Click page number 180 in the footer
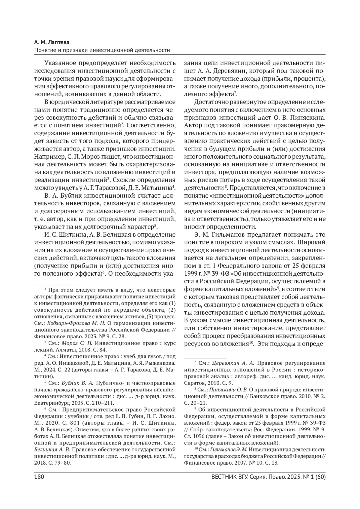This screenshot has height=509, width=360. coord(40,477)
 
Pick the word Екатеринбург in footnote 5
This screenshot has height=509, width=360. coord(49,403)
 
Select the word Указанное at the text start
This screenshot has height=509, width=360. coord(60,63)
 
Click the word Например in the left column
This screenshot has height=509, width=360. coord(48,157)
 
